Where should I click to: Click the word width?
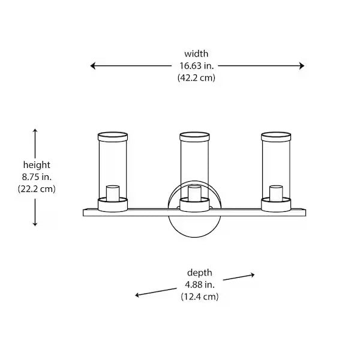pos(196,54)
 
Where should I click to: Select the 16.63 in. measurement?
pos(197,66)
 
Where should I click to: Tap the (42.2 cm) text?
pos(196,78)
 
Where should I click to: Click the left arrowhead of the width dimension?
pos(92,66)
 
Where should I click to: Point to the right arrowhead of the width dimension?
pos(302,66)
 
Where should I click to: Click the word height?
pos(37,165)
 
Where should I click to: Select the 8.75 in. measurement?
pos(37,177)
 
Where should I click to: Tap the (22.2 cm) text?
pos(37,189)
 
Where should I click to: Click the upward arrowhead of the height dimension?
pos(35,131)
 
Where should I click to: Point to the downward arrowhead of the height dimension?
pos(35,224)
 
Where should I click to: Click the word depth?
pos(200,273)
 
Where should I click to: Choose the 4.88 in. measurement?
pos(200,284)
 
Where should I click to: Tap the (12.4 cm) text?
pos(200,296)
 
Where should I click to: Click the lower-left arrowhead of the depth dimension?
pos(137,295)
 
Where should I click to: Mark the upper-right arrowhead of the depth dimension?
pos(253,275)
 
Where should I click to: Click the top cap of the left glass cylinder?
pos(113,137)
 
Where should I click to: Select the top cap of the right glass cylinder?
pos(276,137)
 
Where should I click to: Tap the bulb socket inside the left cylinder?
pos(113,193)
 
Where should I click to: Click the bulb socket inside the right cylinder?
pos(276,193)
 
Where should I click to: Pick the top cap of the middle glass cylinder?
pos(194,137)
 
